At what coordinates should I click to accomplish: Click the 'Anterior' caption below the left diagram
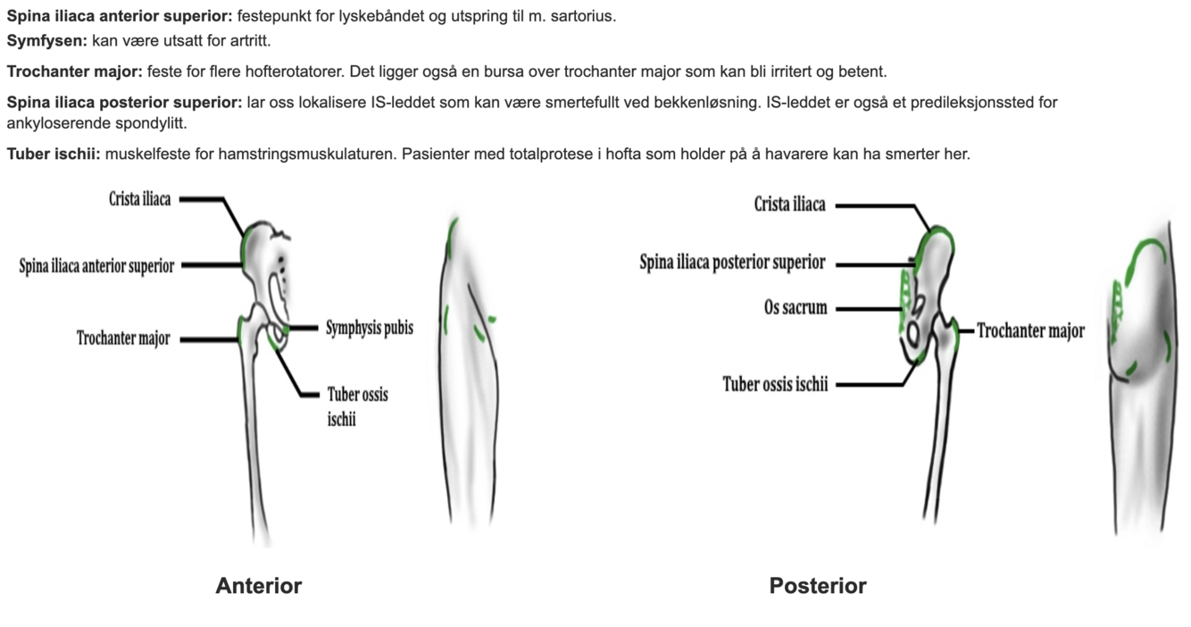(259, 586)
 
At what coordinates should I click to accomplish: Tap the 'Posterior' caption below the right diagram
(817, 586)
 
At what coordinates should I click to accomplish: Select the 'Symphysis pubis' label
(369, 328)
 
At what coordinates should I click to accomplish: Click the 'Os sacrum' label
(795, 308)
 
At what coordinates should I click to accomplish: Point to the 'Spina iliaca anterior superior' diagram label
(96, 266)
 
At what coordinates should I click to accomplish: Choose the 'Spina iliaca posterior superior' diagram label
(732, 263)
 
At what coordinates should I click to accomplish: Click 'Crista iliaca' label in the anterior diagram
(140, 199)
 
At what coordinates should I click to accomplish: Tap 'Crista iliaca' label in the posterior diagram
(789, 205)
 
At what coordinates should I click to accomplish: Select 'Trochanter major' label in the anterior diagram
(123, 339)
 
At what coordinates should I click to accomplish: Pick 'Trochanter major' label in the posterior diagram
(1030, 331)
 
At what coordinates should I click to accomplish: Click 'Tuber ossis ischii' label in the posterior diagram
(775, 385)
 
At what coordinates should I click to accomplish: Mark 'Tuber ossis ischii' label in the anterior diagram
(357, 405)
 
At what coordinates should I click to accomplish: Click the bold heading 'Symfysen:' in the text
(47, 41)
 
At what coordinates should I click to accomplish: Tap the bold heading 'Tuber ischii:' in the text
(54, 155)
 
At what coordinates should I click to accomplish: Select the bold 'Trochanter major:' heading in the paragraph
(74, 71)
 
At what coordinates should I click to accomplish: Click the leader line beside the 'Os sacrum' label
(867, 309)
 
